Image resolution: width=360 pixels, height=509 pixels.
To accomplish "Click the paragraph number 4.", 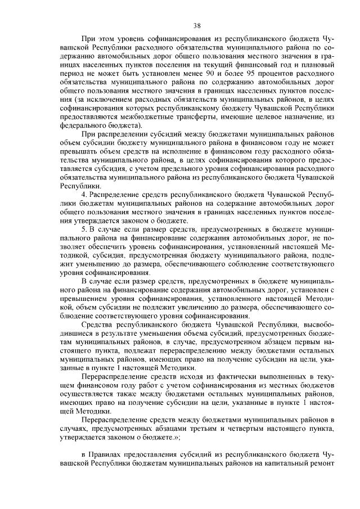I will coord(84,194).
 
